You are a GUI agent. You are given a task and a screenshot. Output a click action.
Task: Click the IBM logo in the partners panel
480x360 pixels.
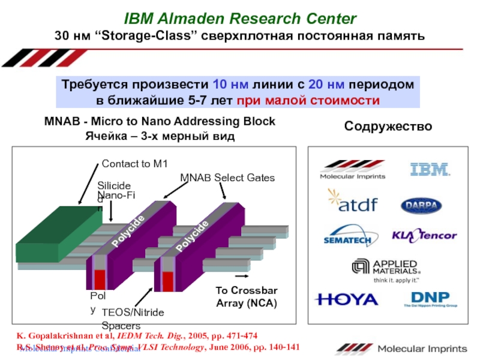tap(430, 169)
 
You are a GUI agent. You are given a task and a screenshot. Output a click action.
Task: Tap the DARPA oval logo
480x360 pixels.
tap(422, 205)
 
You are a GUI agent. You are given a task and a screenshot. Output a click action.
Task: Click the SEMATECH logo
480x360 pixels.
tap(347, 236)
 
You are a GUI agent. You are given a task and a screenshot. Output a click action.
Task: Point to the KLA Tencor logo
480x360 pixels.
tap(424, 236)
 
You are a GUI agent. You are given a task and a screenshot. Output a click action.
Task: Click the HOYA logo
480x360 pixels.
tap(347, 299)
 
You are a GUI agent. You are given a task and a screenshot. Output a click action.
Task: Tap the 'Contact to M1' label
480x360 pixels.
tap(135, 164)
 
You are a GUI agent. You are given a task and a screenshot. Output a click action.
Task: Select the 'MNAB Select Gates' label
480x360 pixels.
tap(227, 178)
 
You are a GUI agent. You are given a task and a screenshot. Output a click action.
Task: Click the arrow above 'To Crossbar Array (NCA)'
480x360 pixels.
tap(242, 276)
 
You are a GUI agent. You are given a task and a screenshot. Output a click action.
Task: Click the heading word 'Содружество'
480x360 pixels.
tap(388, 127)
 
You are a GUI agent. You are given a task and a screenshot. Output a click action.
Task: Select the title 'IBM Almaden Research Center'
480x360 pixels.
tap(240, 19)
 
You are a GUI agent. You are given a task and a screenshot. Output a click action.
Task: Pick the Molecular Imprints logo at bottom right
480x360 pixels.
tap(401, 349)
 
